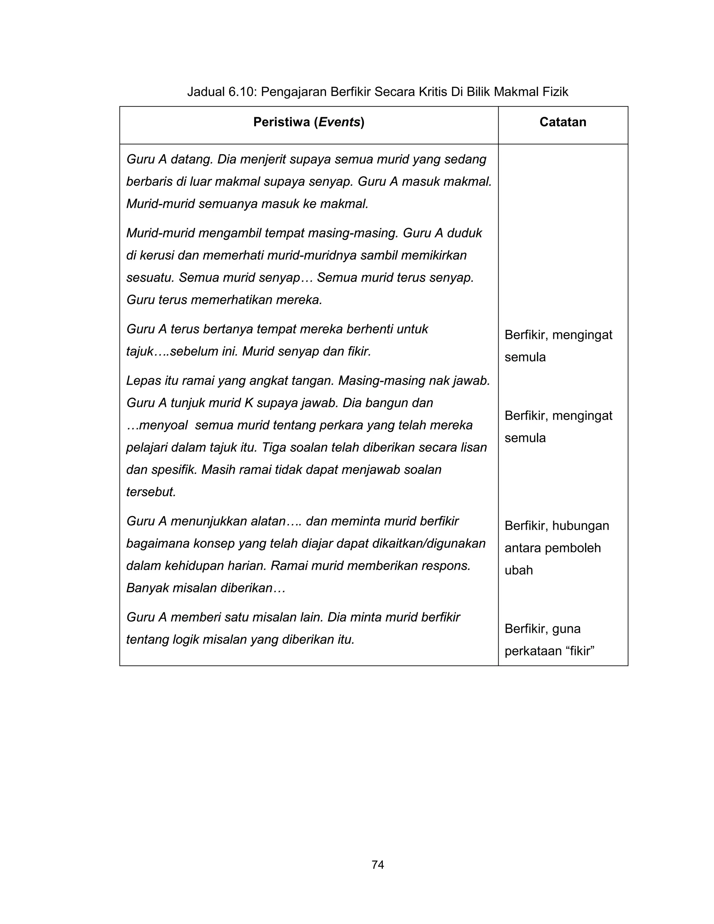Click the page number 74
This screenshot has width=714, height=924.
coord(377,865)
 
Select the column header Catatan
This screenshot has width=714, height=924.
coord(563,122)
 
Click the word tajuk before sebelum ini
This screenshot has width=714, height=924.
coord(139,351)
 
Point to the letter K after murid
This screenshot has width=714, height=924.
coord(249,403)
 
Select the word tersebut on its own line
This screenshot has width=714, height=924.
coord(151,492)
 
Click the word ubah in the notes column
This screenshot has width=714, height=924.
coord(518,570)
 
